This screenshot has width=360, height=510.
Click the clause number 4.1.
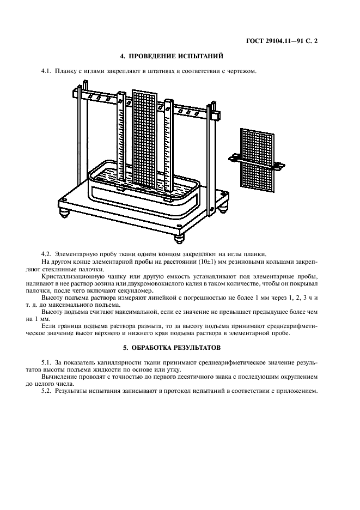coord(46,71)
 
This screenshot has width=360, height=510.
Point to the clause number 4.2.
coord(46,254)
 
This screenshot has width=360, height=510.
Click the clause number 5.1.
coord(46,362)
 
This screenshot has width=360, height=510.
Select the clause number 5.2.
coord(46,391)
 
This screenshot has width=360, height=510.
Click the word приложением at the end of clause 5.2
coord(297,391)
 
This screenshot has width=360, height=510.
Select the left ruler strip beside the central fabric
coord(121,142)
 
